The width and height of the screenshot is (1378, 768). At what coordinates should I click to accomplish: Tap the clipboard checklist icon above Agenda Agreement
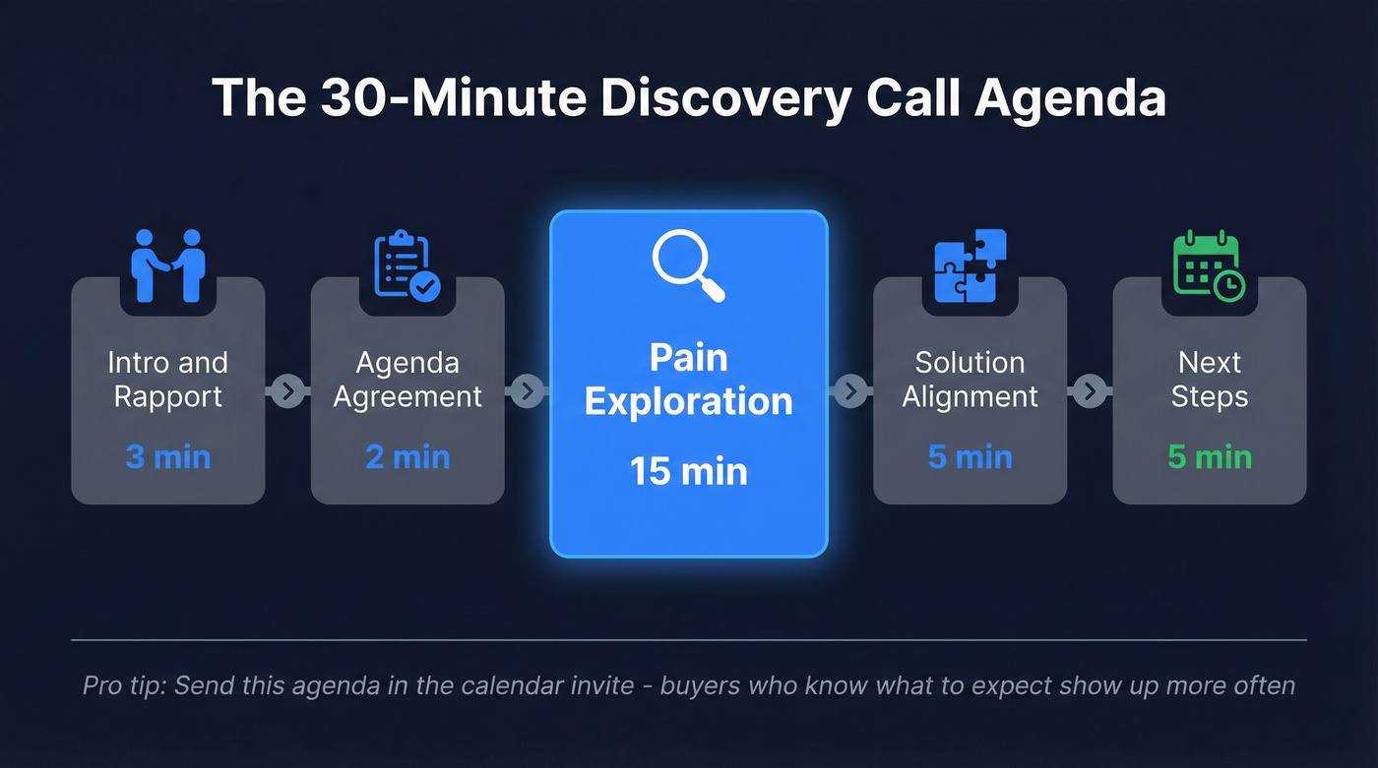click(407, 265)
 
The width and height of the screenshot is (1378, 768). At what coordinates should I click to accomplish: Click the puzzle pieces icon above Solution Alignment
click(970, 265)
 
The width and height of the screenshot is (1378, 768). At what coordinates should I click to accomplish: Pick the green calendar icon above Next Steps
click(1209, 265)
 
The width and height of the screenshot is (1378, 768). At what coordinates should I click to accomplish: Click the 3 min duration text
click(168, 457)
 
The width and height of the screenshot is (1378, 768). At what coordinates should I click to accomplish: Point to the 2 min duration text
click(407, 457)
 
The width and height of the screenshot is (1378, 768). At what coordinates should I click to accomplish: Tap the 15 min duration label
click(689, 471)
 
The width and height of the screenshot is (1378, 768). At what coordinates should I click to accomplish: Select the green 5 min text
click(1210, 457)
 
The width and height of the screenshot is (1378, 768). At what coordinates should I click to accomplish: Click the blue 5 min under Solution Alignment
click(970, 457)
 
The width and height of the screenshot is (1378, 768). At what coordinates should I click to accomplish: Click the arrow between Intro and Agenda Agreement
click(287, 391)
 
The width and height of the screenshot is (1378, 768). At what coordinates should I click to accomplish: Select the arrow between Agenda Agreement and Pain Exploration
click(527, 391)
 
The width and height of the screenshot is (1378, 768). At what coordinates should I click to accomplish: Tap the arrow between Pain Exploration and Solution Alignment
click(850, 391)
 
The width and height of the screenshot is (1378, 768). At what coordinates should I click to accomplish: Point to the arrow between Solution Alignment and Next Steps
click(1090, 391)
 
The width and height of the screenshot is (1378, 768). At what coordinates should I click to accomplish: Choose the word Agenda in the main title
click(1067, 98)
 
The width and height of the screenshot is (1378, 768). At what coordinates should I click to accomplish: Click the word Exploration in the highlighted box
click(689, 401)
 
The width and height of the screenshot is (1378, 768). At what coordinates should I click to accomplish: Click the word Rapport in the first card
click(168, 396)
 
